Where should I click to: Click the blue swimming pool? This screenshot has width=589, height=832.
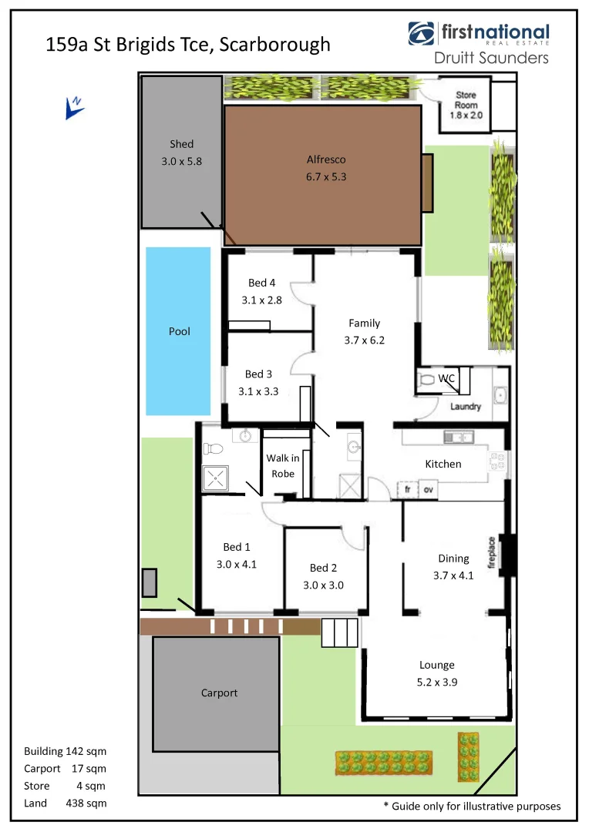178,331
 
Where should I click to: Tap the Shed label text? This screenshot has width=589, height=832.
182,144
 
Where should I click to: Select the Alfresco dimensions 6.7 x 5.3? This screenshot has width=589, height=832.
326,176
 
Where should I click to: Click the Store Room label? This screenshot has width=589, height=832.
466,100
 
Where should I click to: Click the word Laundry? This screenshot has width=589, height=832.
466,407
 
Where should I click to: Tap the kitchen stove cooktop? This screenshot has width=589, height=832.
496,461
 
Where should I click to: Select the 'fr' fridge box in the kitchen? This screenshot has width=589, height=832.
407,490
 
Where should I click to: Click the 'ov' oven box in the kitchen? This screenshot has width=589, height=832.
428,490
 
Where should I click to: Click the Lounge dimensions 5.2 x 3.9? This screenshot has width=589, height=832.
437,682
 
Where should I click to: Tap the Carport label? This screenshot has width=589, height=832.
219,693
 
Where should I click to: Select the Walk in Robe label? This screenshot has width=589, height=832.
283,466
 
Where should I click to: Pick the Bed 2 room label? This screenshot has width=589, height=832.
323,568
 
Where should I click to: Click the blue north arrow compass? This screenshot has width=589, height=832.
75,108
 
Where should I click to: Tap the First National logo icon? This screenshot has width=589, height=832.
422,34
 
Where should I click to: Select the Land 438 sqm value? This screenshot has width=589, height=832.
86,803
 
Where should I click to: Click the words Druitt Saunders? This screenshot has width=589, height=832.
492,58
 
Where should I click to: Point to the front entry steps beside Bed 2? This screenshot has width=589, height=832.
340,632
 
